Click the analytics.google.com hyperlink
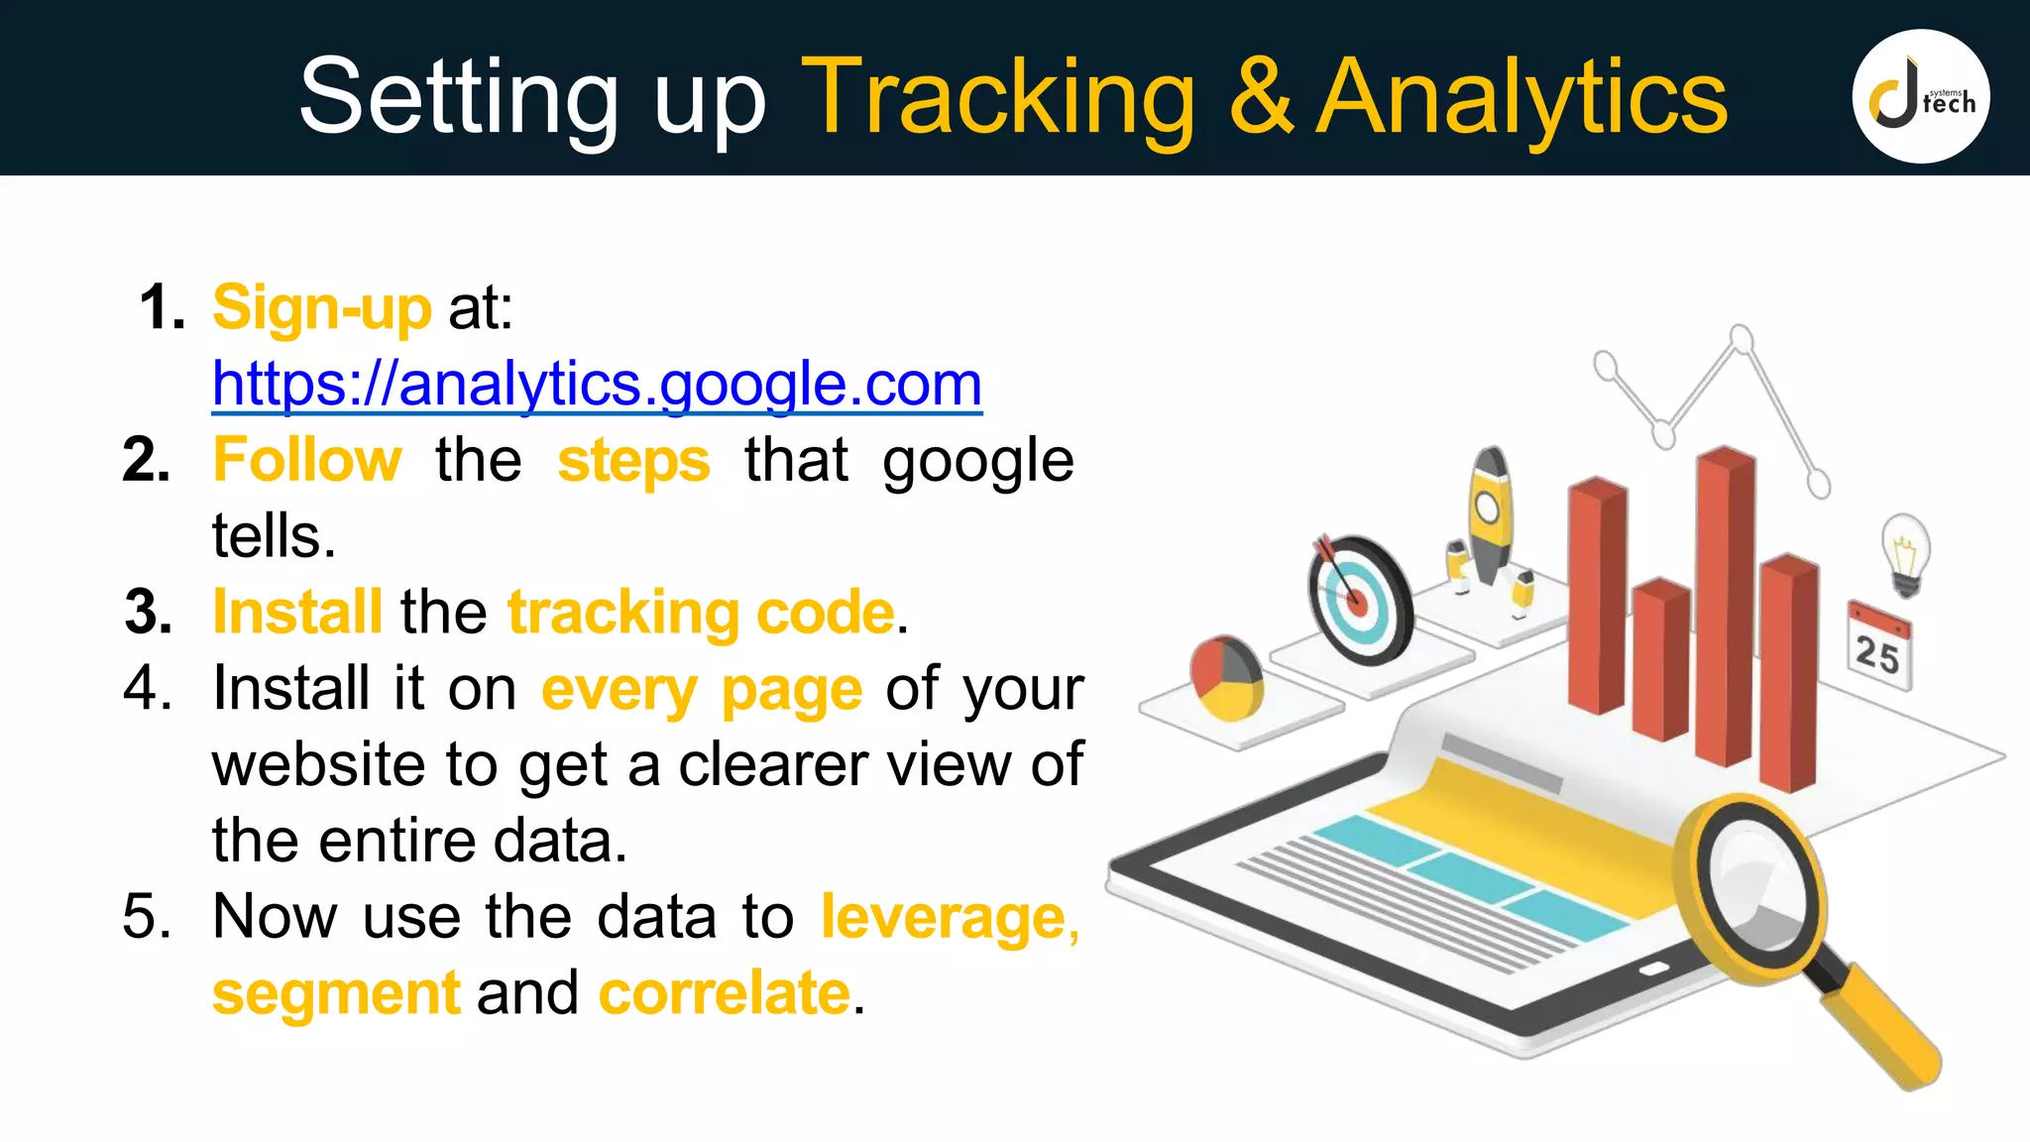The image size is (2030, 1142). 597,384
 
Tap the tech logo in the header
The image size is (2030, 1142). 1920,96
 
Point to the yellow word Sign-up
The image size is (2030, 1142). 322,307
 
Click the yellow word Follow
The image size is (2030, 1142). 307,460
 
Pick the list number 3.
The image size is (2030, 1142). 149,612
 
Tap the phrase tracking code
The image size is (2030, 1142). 701,612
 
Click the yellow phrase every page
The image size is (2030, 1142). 701,688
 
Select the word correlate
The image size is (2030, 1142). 725,992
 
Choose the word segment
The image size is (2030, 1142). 336,992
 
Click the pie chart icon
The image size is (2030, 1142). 1226,677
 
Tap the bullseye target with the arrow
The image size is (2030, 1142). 1359,600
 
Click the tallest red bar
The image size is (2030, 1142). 1725,605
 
